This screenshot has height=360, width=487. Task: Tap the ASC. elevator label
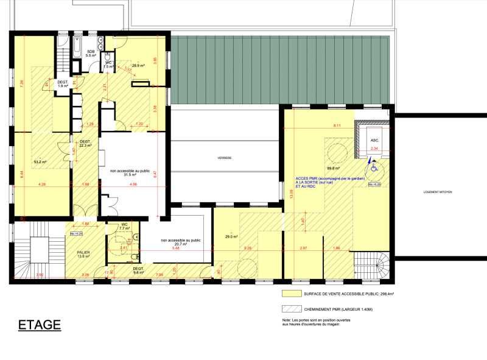click(x=374, y=139)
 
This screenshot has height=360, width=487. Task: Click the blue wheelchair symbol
click(x=374, y=164)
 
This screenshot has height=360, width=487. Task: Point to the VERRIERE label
click(x=225, y=158)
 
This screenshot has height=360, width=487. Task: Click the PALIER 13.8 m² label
click(x=83, y=254)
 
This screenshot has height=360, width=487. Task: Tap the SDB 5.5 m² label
click(x=91, y=53)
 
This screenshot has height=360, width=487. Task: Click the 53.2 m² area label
click(x=40, y=162)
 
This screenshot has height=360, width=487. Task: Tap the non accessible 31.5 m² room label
click(x=129, y=173)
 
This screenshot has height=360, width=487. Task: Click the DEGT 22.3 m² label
click(x=85, y=144)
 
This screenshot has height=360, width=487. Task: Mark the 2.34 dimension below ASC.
click(x=374, y=148)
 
